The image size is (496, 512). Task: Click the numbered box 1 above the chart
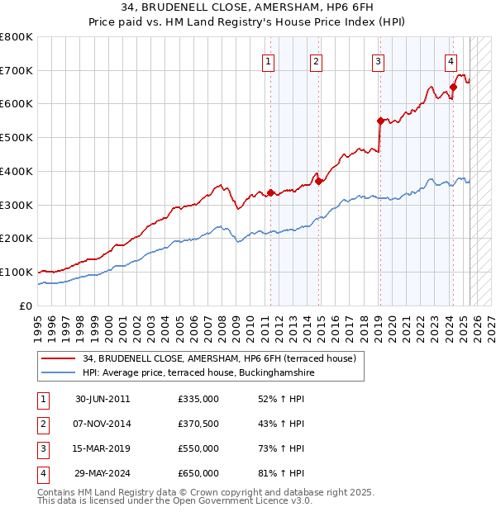[269, 60]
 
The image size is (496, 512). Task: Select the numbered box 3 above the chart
[378, 60]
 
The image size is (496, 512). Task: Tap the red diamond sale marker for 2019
[380, 121]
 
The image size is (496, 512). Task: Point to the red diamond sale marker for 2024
[453, 87]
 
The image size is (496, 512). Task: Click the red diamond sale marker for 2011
[270, 192]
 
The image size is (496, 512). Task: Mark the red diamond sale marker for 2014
[318, 181]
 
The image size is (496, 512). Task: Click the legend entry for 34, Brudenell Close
[219, 358]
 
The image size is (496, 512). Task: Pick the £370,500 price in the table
[198, 424]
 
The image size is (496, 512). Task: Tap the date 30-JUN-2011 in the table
[103, 399]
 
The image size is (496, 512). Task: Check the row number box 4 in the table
[42, 473]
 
